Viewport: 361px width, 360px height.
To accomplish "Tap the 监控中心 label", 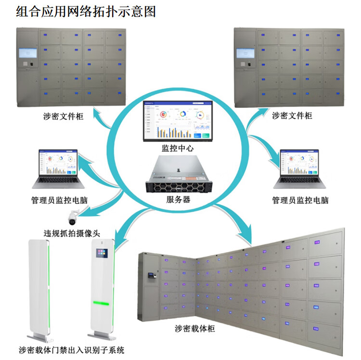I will click(x=178, y=148).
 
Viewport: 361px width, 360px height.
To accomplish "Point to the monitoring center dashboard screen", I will click(x=178, y=121).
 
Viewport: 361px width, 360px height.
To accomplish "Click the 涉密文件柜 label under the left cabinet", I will click(x=63, y=115).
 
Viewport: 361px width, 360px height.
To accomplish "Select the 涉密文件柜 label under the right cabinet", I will click(x=292, y=115).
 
